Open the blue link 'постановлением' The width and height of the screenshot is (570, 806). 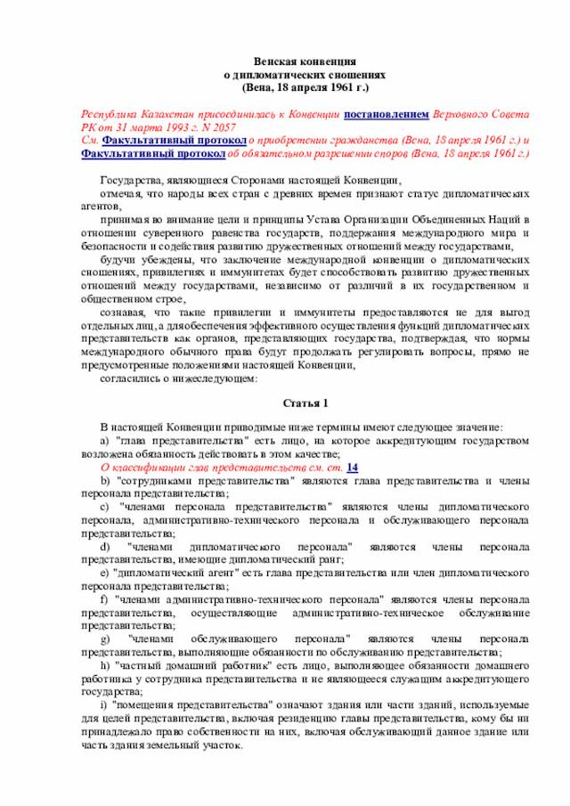tap(387, 115)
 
